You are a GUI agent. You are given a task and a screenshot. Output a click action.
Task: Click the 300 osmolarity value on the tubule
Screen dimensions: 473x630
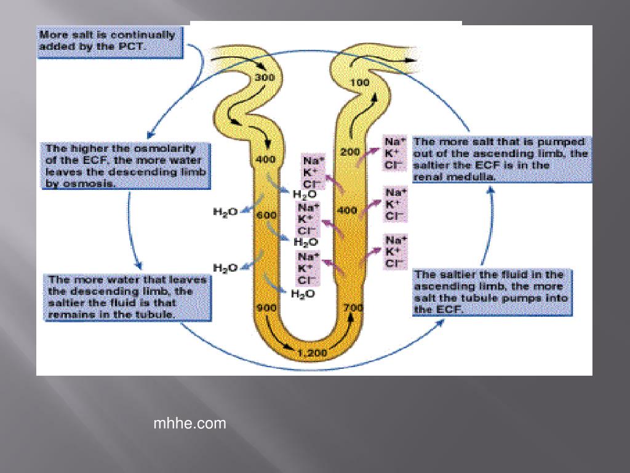click(265, 78)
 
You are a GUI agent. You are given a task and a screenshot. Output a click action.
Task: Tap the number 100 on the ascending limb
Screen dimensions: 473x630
click(360, 83)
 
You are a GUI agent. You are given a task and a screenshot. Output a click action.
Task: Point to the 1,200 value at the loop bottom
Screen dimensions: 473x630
click(313, 354)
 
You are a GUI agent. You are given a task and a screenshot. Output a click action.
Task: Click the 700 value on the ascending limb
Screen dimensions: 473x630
click(353, 307)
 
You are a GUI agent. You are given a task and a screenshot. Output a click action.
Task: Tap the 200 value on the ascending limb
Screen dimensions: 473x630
click(350, 152)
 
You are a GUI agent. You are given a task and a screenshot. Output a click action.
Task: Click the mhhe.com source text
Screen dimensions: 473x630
click(189, 424)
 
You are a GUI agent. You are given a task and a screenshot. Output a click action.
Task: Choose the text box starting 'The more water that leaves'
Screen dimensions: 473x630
click(126, 297)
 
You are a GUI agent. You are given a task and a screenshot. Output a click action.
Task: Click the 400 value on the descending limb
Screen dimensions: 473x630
click(266, 160)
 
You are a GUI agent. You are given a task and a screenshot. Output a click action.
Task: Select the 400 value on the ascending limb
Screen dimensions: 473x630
click(348, 210)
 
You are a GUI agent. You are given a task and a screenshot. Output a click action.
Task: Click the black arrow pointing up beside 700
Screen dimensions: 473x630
click(351, 320)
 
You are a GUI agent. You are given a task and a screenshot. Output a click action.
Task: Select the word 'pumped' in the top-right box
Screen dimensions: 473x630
click(564, 142)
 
